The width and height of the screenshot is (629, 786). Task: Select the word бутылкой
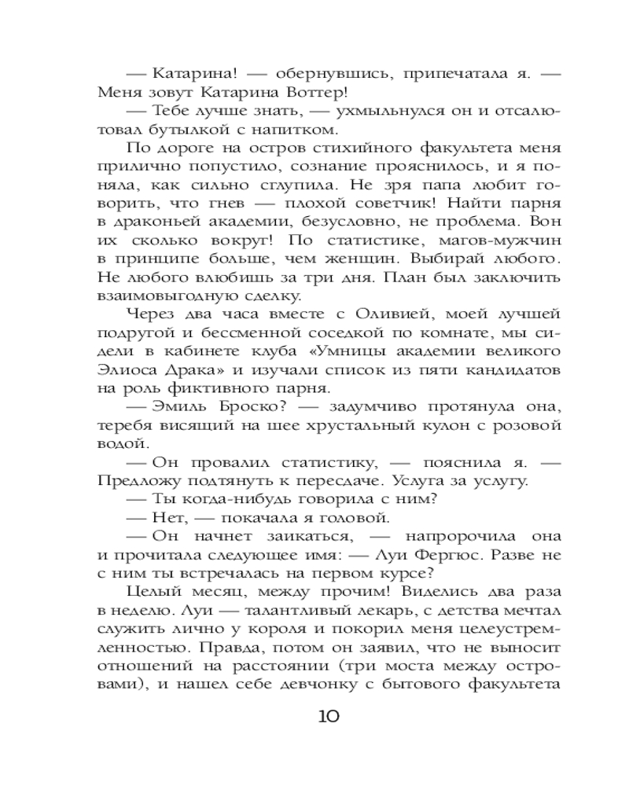(x=208, y=129)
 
